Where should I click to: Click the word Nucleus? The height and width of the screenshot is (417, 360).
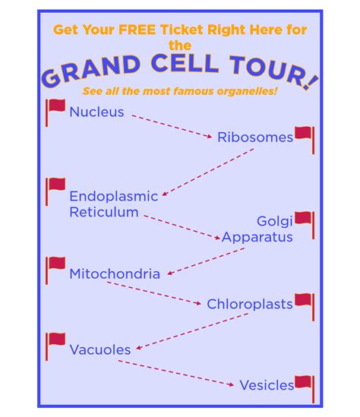[96, 112]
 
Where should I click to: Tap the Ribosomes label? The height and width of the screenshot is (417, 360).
[255, 137]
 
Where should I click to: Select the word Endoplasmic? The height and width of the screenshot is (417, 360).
[114, 197]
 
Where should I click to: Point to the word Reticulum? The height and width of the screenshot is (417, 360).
[104, 212]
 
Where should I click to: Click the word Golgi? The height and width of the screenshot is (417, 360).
[275, 221]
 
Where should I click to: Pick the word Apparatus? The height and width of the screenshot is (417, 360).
[257, 237]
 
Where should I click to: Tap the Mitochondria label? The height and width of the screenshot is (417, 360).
[115, 274]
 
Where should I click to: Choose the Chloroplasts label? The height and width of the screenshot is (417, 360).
[250, 305]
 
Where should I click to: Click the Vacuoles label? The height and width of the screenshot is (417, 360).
[100, 349]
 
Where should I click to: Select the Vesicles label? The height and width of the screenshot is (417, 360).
[267, 385]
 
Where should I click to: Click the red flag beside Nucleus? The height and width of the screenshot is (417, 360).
[55, 112]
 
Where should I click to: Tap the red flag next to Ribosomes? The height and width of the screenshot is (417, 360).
[305, 141]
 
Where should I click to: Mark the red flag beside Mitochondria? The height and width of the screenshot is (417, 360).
[55, 270]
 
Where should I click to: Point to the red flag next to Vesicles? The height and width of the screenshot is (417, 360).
[305, 389]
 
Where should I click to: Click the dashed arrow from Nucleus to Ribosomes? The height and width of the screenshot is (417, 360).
[172, 126]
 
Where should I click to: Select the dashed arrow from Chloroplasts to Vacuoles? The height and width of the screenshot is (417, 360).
[192, 331]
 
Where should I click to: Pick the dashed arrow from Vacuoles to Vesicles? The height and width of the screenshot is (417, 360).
[175, 373]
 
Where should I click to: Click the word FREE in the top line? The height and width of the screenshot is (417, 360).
[137, 30]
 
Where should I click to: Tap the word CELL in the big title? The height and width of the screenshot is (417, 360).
[185, 63]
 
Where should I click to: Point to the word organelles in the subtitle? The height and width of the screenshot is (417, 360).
[248, 91]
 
